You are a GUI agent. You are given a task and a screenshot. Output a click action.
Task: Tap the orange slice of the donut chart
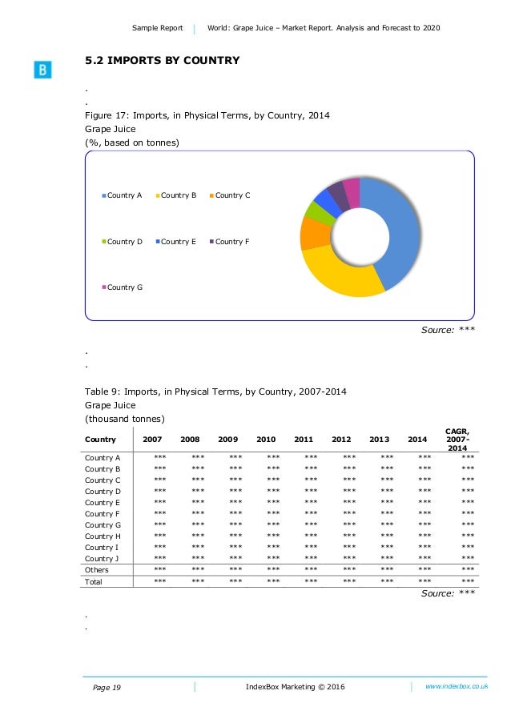point(313,233)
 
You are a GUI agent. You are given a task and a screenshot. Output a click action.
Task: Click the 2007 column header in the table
point(151,439)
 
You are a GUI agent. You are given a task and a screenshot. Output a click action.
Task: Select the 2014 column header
point(416,439)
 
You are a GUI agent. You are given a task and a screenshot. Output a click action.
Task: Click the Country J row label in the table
point(103,558)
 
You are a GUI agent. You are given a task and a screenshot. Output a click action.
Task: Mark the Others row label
point(98,570)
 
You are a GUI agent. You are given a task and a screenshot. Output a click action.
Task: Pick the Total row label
point(95,581)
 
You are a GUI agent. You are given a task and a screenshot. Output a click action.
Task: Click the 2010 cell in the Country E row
point(266,502)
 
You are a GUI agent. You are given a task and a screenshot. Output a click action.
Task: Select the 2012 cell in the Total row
point(341,581)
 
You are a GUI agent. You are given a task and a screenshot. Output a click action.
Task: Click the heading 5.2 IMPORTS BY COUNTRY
point(163,60)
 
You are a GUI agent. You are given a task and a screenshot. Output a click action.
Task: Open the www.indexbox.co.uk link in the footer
point(457,686)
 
